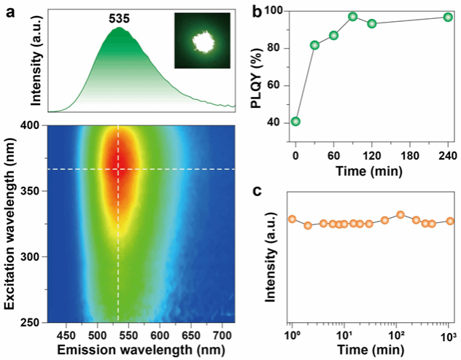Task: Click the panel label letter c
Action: point(257,190)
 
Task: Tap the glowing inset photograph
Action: point(197,44)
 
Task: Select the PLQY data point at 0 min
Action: point(295,121)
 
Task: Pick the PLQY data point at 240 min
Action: point(448,17)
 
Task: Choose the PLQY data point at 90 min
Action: point(352,16)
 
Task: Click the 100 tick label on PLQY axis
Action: point(276,11)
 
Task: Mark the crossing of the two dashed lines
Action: point(118,169)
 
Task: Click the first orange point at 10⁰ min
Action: point(292,219)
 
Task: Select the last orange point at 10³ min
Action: point(451,221)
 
